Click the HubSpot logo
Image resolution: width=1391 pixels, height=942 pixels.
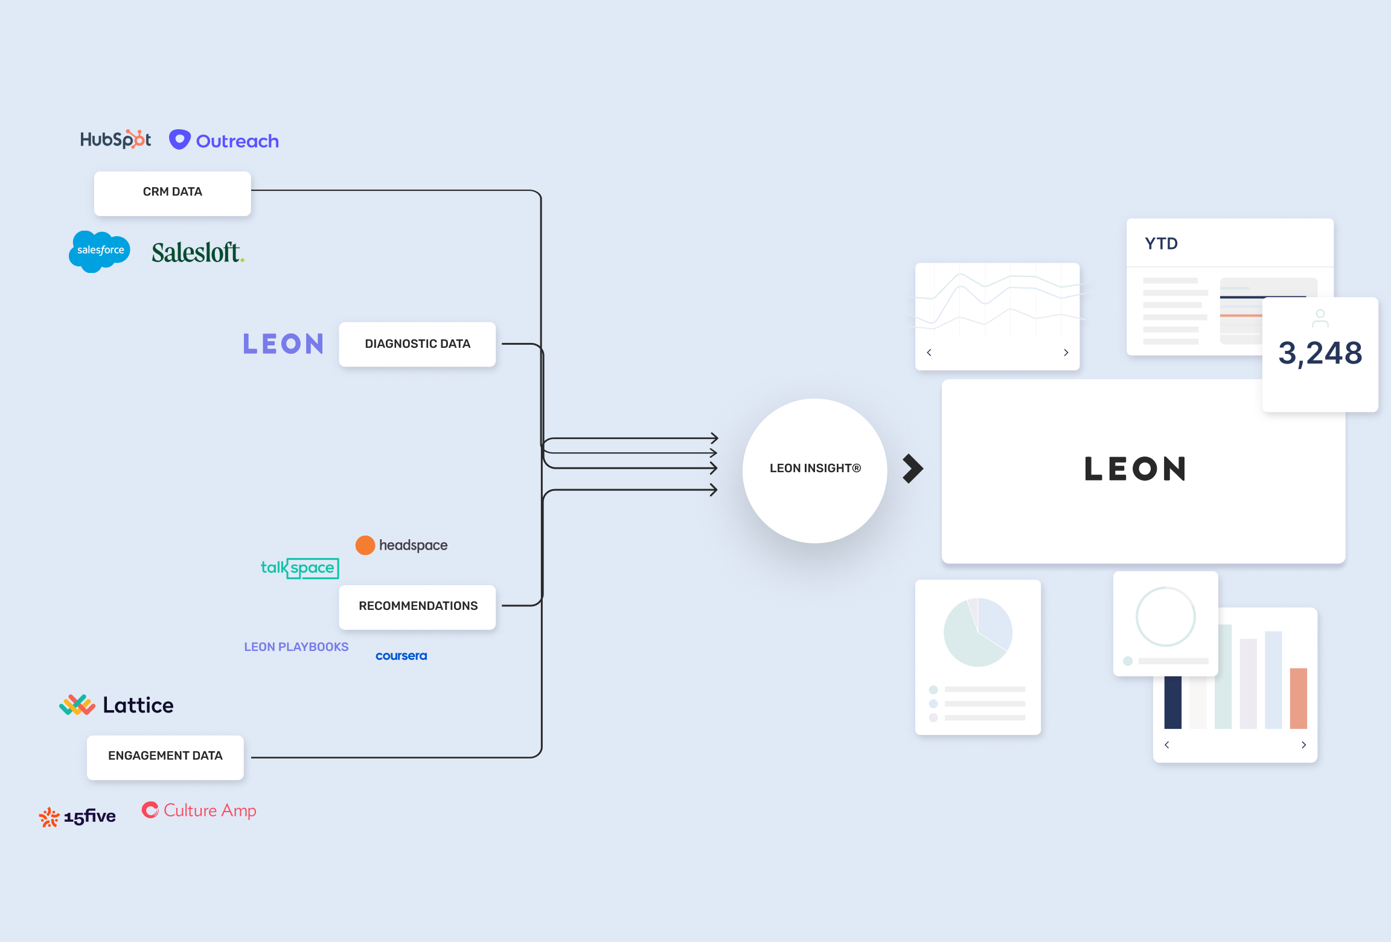pyautogui.click(x=115, y=139)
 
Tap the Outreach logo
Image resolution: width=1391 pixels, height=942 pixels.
pyautogui.click(x=224, y=141)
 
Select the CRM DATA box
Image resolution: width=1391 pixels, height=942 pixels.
pyautogui.click(x=173, y=193)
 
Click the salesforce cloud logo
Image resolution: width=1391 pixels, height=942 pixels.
pyautogui.click(x=100, y=251)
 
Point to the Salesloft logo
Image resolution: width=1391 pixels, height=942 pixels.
pyautogui.click(x=198, y=252)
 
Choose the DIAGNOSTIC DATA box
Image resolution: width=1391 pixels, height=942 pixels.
pyautogui.click(x=417, y=344)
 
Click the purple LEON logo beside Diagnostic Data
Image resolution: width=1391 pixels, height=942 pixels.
pyautogui.click(x=283, y=344)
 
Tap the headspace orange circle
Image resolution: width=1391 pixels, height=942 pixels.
pyautogui.click(x=365, y=545)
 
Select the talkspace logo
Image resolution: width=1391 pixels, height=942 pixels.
pyautogui.click(x=299, y=568)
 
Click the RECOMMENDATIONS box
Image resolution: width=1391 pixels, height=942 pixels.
pyautogui.click(x=418, y=606)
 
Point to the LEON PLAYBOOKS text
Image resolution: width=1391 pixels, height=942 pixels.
pyautogui.click(x=296, y=647)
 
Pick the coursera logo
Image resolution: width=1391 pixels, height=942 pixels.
pyautogui.click(x=401, y=656)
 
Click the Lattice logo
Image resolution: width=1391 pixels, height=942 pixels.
pyautogui.click(x=117, y=705)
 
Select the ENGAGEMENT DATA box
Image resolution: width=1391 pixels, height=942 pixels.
pyautogui.click(x=165, y=757)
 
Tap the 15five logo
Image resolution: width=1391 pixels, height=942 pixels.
pyautogui.click(x=78, y=817)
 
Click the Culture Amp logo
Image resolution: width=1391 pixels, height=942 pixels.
pyautogui.click(x=199, y=810)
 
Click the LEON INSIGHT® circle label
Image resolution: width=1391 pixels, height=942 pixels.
pyautogui.click(x=815, y=469)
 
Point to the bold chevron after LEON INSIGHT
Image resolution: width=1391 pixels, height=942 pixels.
pyautogui.click(x=913, y=469)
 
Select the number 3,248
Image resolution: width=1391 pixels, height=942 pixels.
pyautogui.click(x=1320, y=353)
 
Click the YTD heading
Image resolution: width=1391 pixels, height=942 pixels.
pyautogui.click(x=1161, y=244)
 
